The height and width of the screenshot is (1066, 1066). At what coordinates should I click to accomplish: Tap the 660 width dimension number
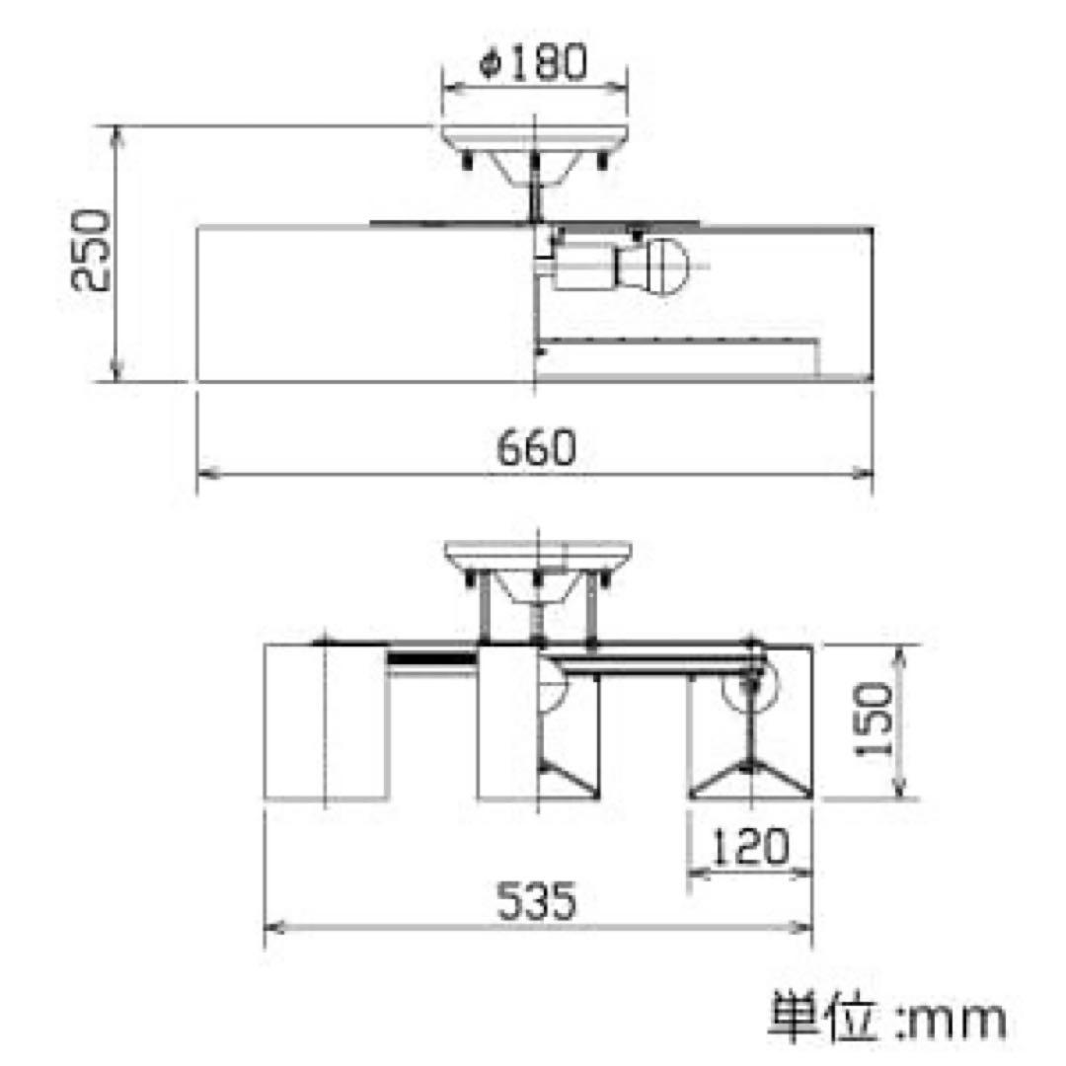click(x=534, y=450)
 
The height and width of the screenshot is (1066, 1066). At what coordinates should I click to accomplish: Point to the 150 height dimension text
click(x=875, y=721)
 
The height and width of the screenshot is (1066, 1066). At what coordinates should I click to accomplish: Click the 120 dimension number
click(x=750, y=848)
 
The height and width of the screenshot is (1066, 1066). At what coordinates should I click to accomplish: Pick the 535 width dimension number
click(x=534, y=901)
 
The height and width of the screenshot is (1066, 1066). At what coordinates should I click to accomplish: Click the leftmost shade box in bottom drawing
click(x=326, y=723)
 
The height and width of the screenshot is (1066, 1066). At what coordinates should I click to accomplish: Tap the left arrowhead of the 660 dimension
click(x=204, y=475)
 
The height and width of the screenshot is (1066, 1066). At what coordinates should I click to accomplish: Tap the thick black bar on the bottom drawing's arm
click(x=430, y=658)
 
